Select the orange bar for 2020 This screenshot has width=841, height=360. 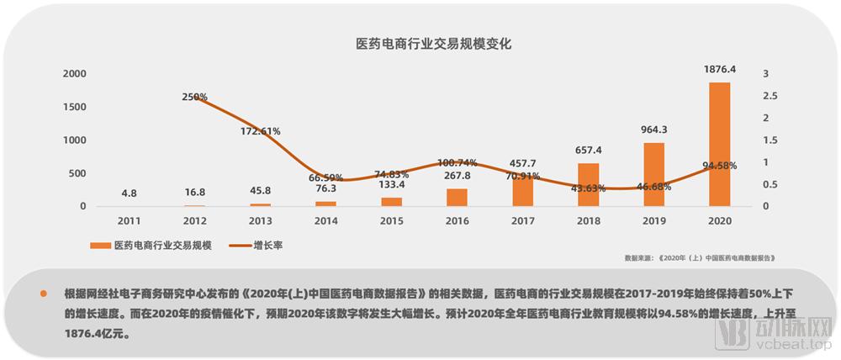[719, 144]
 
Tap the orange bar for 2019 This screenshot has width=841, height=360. [654, 174]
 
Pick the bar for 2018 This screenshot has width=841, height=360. [588, 184]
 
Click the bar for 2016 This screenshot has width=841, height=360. [457, 197]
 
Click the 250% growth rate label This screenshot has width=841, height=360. [194, 97]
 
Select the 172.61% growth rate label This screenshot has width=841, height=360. [260, 131]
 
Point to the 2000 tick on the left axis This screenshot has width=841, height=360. [75, 74]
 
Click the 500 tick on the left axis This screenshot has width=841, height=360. [77, 173]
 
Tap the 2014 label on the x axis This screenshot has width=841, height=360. [325, 220]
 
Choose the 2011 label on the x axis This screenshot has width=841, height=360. [129, 220]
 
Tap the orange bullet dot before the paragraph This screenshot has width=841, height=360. [42, 294]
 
